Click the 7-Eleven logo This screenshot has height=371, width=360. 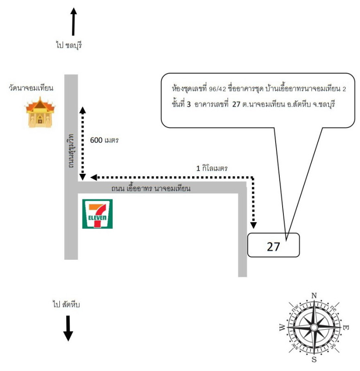[97, 214]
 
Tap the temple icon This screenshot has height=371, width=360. [40, 112]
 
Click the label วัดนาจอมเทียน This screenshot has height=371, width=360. [31, 88]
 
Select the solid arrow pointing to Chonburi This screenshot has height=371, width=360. [74, 21]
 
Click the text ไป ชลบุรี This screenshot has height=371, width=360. [69, 45]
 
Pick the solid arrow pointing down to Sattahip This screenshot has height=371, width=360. [68, 328]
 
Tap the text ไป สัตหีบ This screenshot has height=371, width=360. [66, 304]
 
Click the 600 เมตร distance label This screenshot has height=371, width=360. [104, 140]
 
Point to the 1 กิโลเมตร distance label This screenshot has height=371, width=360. [212, 168]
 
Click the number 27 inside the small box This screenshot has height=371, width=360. [273, 247]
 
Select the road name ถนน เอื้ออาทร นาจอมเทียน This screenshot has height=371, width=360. [151, 188]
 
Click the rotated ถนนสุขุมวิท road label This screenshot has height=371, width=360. [71, 151]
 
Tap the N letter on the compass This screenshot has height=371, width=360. [314, 295]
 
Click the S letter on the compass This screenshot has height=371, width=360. [314, 359]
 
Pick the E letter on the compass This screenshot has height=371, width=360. [346, 328]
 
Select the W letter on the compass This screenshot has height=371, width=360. [283, 328]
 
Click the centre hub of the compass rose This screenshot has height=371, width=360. [314, 328]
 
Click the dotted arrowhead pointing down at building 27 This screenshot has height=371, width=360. [253, 225]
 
